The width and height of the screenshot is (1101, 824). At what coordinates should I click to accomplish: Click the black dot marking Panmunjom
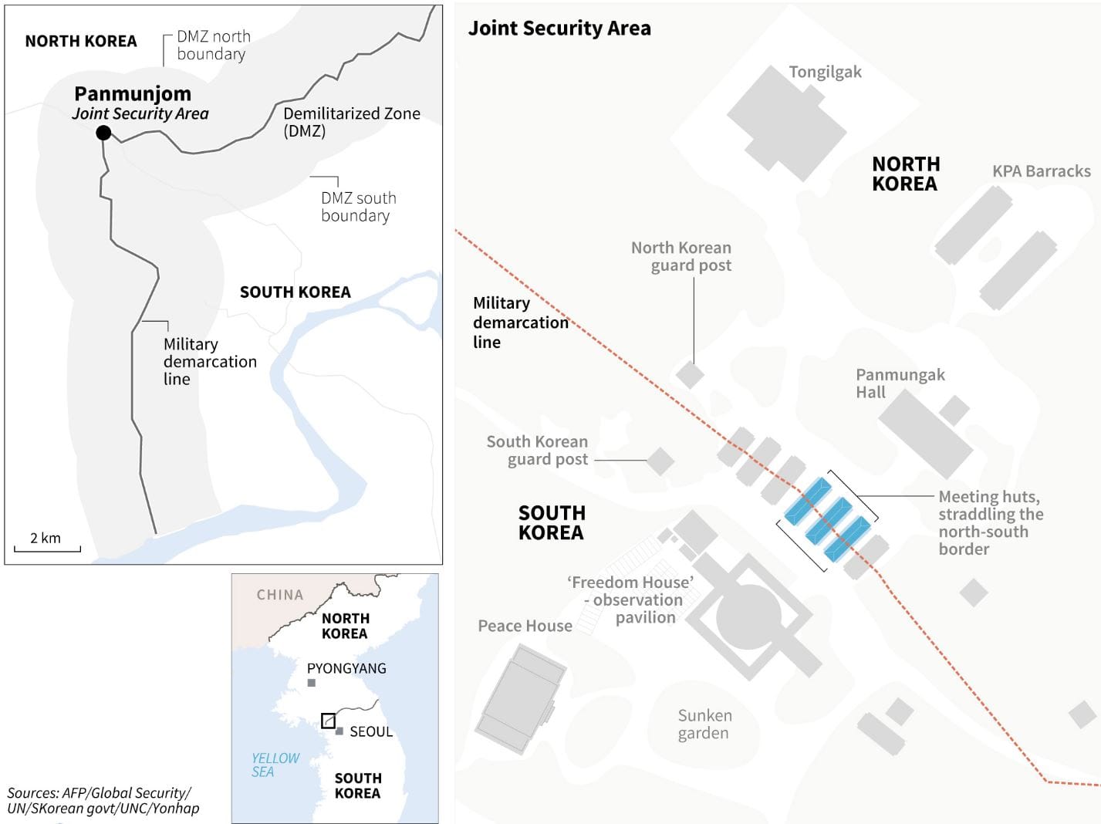coord(103,133)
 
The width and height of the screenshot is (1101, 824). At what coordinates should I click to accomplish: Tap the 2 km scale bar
coord(47,549)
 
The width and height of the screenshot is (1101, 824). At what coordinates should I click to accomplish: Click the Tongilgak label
coord(825,72)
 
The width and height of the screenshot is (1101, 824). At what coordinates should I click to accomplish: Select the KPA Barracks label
coord(1041,171)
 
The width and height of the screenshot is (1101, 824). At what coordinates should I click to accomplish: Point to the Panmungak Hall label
coord(900,383)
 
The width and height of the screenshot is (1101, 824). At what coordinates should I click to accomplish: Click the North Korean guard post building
coord(690,375)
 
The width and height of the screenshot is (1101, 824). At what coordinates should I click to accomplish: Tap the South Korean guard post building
coord(660,461)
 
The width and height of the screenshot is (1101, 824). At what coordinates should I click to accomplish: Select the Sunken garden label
coord(704,724)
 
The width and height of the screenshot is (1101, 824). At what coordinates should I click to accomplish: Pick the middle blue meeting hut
coord(828,519)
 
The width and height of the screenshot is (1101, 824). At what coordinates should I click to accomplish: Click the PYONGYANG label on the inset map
coord(346,668)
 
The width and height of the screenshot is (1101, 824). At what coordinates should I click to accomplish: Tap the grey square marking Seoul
coord(339,731)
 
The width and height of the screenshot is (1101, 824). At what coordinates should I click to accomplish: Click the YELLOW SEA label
coord(275,765)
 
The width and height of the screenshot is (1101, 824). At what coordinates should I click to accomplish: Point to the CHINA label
coord(280,595)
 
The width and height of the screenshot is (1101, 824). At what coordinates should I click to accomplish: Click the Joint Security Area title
coord(559,29)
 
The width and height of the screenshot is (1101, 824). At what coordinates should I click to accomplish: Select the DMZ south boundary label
coord(358,207)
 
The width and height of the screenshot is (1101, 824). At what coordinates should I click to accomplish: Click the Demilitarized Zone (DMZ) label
coord(351,122)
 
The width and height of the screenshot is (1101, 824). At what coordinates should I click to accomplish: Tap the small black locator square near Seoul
coord(328,721)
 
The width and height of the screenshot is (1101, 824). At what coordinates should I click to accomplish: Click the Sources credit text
coord(103,800)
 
